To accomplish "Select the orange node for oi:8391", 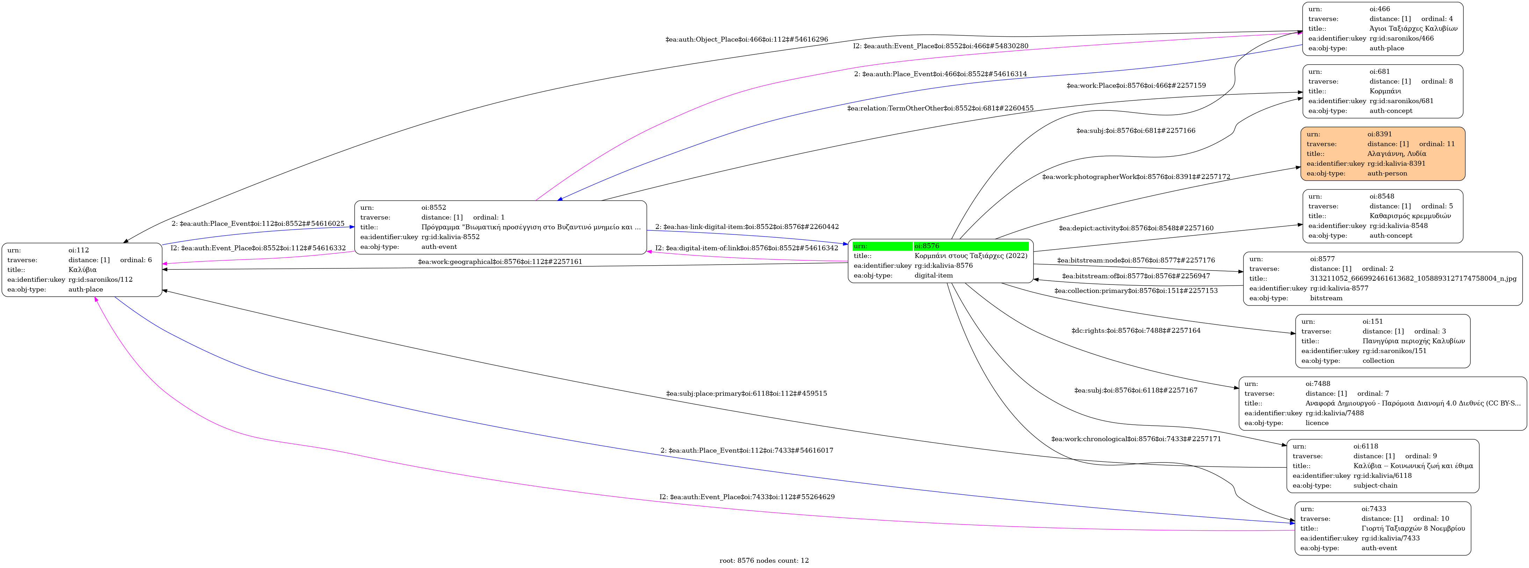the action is click(1383, 154).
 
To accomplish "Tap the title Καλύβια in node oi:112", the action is click(82, 269).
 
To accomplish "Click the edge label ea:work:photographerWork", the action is click(1136, 177).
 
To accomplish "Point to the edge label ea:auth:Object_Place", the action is click(747, 39).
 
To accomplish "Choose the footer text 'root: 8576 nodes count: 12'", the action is click(764, 560).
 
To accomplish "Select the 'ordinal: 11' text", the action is click(1437, 144).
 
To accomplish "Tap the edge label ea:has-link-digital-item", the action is click(747, 227).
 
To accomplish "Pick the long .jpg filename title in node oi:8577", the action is click(1413, 278).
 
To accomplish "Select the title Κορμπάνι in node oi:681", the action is click(1385, 91).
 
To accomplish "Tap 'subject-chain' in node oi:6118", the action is click(1375, 486).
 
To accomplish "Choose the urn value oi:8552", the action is click(434, 208).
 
